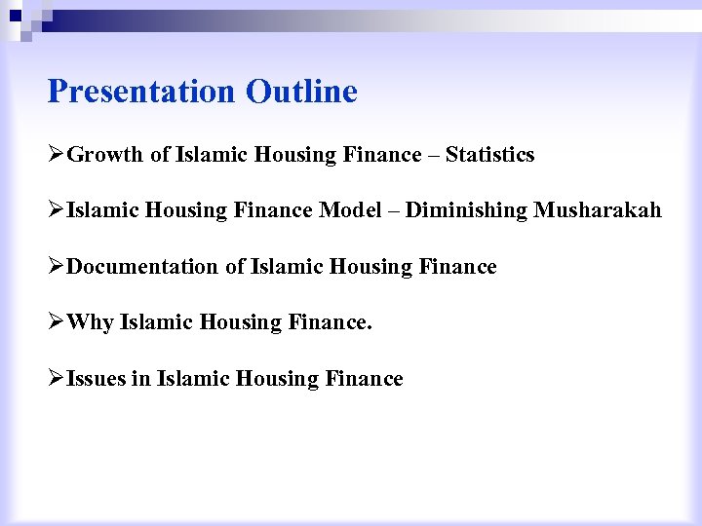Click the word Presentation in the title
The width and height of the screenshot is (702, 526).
click(x=140, y=92)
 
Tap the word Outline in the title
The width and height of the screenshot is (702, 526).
click(x=302, y=92)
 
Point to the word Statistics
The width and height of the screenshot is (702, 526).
click(x=489, y=155)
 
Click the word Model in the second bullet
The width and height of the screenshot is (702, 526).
click(x=351, y=210)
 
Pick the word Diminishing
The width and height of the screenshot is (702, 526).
click(x=466, y=210)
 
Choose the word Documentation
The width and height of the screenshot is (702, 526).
click(x=142, y=267)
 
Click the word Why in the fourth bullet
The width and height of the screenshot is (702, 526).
click(x=90, y=322)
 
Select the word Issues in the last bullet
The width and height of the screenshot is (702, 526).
click(x=96, y=379)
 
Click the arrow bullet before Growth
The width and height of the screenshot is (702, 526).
click(x=56, y=155)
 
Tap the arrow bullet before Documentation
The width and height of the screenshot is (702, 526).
click(x=56, y=267)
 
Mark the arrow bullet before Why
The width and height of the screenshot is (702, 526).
click(x=56, y=322)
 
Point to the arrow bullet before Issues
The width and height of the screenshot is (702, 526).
click(x=56, y=379)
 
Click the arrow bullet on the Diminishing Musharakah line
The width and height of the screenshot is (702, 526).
click(x=56, y=210)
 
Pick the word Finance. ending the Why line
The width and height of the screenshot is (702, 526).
click(x=331, y=322)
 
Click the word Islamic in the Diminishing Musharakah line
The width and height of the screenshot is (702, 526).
click(x=102, y=210)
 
